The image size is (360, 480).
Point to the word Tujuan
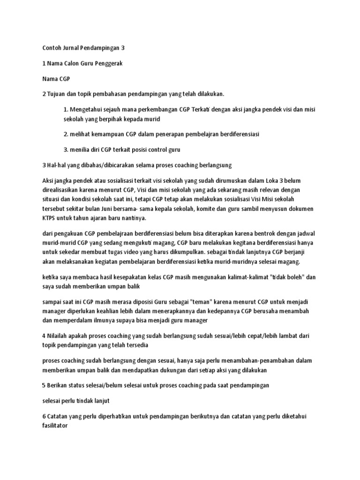point(57,94)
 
